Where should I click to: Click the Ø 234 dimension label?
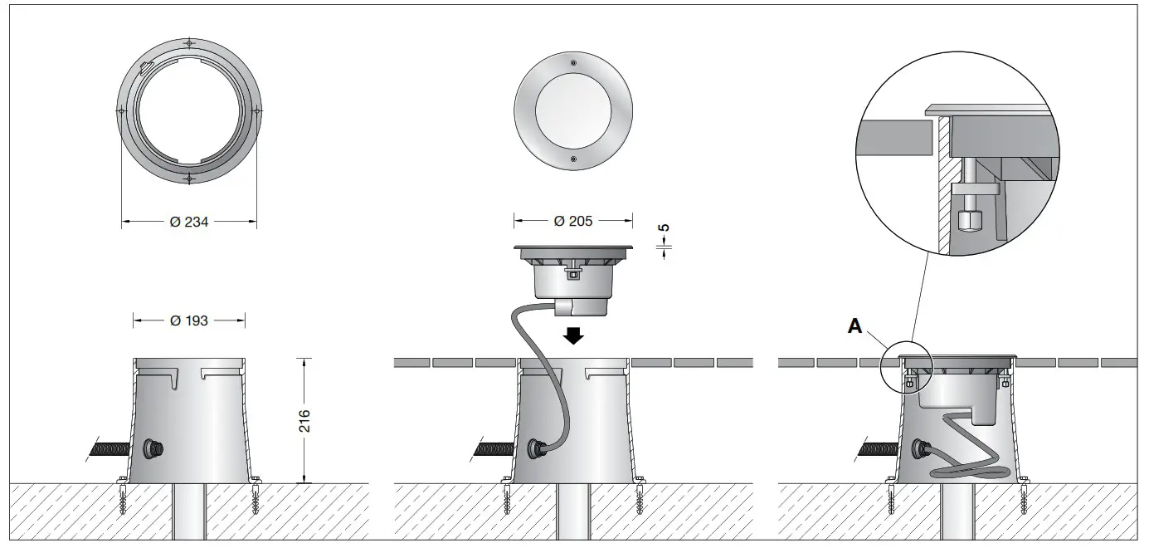pyautogui.click(x=188, y=222)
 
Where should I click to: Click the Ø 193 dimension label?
pyautogui.click(x=188, y=320)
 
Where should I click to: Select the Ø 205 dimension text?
pyautogui.click(x=573, y=221)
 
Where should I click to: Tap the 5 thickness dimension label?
pyautogui.click(x=662, y=228)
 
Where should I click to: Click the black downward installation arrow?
pyautogui.click(x=573, y=335)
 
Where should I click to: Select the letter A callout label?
pyautogui.click(x=854, y=326)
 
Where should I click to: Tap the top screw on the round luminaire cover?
pyautogui.click(x=573, y=63)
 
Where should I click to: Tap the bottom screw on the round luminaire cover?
pyautogui.click(x=573, y=158)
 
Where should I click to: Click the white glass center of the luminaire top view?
pyautogui.click(x=573, y=110)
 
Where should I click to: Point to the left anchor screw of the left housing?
pyautogui.click(x=123, y=500)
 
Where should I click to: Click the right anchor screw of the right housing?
pyautogui.click(x=1025, y=500)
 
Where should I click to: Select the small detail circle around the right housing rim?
pyautogui.click(x=908, y=367)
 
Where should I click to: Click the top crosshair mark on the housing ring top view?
pyautogui.click(x=189, y=42)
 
